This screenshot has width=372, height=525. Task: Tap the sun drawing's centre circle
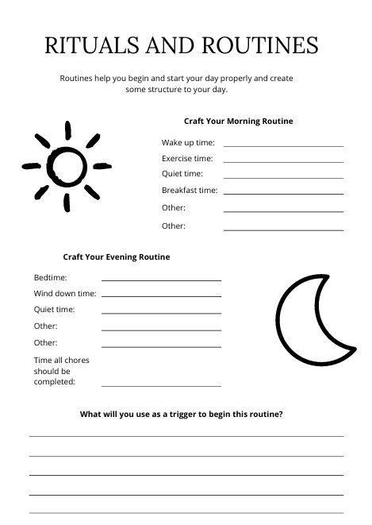tap(66, 164)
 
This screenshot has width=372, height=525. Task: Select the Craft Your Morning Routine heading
tap(238, 122)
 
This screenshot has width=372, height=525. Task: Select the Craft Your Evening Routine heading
tap(116, 257)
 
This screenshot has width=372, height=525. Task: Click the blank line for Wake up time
tap(283, 145)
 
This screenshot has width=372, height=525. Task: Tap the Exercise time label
tap(188, 159)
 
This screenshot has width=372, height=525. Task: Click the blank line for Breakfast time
tap(283, 193)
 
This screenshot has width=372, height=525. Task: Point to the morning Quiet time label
tap(182, 174)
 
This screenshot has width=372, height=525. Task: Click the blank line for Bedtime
tap(161, 280)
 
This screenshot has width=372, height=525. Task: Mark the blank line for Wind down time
tap(161, 296)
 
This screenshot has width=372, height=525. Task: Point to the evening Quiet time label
tap(55, 310)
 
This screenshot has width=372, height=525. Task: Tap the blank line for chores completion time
tap(161, 386)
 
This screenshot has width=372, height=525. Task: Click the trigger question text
tap(182, 414)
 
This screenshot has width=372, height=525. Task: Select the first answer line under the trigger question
tap(186, 436)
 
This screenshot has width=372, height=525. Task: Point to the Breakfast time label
tap(190, 191)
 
